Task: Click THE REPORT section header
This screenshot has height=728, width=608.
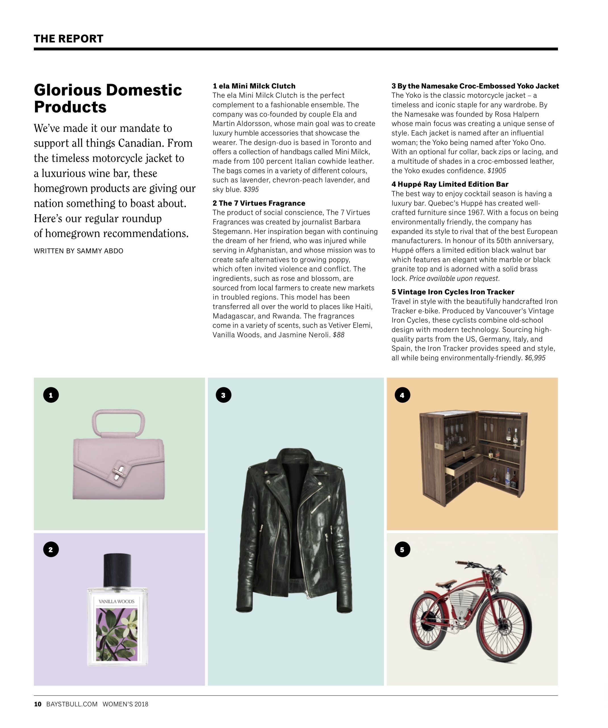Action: pos(68,38)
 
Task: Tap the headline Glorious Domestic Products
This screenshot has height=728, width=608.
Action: pos(108,98)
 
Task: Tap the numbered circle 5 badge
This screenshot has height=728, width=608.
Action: pos(402,549)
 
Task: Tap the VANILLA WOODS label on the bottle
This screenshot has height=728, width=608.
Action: pos(117,601)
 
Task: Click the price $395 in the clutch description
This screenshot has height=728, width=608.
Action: pos(251,190)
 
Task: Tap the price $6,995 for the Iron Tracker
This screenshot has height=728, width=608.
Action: pos(535,358)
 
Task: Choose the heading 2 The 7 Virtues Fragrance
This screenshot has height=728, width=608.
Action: pos(259,203)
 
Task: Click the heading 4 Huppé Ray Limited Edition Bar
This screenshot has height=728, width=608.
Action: pos(450,184)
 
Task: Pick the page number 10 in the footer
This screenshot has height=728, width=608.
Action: pos(38,704)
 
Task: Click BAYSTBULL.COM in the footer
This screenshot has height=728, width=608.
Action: pos(72,704)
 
